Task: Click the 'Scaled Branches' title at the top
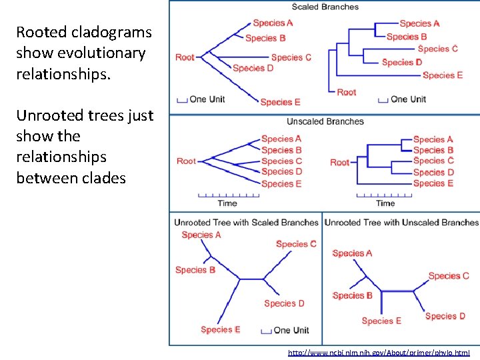coord(325,7)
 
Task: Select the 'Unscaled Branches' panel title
coord(325,121)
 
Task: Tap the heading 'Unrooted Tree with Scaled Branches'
coord(246,223)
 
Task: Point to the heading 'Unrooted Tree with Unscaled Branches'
coord(401,223)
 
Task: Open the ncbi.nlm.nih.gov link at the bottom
coord(379,352)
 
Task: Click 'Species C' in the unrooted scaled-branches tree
coord(296,244)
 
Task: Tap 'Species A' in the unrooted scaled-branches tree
coord(201,235)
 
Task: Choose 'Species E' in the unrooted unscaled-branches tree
coord(381,321)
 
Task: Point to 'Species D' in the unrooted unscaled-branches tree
coord(445,316)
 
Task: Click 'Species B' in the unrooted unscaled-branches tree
coord(352,295)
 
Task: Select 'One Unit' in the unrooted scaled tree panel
coord(291,330)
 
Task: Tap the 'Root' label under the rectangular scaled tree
coord(347,92)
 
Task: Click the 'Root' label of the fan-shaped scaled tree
coord(185,57)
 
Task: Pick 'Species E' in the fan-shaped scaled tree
coord(280,102)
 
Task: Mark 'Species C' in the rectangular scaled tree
coord(437,49)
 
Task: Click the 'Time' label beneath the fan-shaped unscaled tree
coord(227,203)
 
